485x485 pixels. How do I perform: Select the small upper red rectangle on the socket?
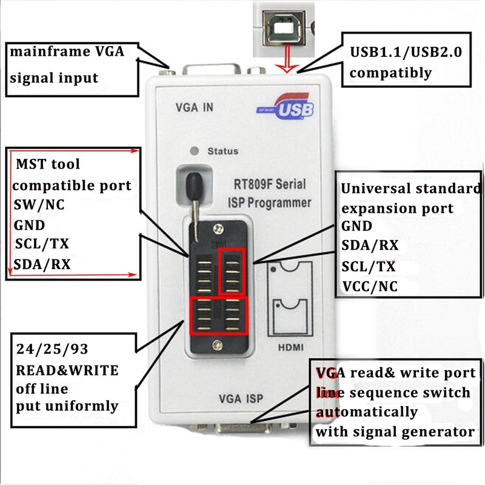pyautogui.click(x=232, y=270)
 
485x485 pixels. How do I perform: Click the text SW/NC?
pyautogui.click(x=39, y=204)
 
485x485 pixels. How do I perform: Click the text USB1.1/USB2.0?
pyautogui.click(x=406, y=53)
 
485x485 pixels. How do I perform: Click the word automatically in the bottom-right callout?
pyautogui.click(x=366, y=412)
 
